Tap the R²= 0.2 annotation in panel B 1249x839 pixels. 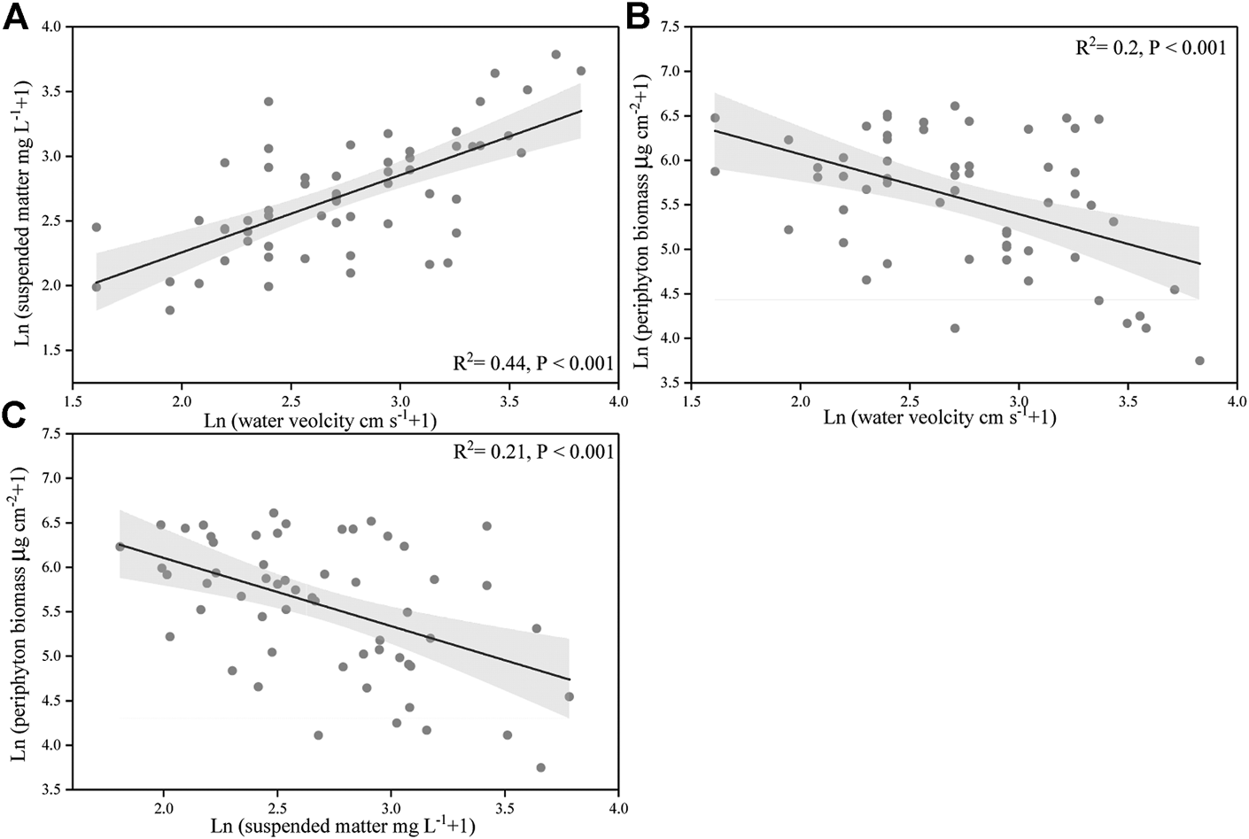(x=1150, y=48)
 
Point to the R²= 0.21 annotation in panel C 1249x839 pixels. (x=532, y=453)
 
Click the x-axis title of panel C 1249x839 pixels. (x=344, y=827)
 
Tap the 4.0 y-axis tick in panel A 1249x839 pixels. (x=51, y=27)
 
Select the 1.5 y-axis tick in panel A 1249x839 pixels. (x=51, y=351)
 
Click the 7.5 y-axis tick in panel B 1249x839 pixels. (x=669, y=27)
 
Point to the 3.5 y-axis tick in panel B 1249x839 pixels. (x=669, y=383)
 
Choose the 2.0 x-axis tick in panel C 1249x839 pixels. (x=163, y=808)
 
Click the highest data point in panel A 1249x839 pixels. (x=556, y=54)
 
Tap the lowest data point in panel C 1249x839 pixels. (x=540, y=767)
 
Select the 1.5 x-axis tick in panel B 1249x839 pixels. (x=691, y=400)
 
